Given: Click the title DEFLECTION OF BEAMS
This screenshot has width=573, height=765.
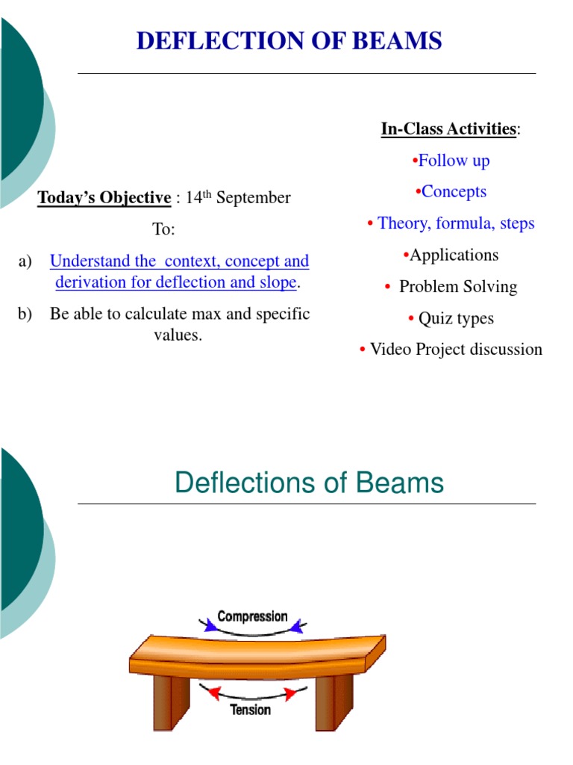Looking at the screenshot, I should [x=289, y=40].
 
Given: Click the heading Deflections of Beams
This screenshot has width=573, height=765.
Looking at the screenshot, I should [x=309, y=483].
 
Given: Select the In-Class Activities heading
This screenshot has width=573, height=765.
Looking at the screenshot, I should [x=448, y=129].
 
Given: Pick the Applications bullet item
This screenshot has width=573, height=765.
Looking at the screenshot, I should [x=454, y=255].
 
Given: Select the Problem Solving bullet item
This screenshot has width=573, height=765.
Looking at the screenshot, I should [x=457, y=287].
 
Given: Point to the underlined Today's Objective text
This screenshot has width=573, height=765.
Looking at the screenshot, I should [x=104, y=198].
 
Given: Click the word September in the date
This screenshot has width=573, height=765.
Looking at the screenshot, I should [x=253, y=199].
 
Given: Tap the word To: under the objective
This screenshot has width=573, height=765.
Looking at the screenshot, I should [x=164, y=229].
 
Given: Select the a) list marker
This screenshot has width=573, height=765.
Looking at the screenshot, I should [x=26, y=261].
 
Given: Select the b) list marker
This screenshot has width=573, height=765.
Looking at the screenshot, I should [x=26, y=315].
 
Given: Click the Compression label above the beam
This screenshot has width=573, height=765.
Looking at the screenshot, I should [x=252, y=617].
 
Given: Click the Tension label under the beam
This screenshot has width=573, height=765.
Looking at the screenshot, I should [x=250, y=709].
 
